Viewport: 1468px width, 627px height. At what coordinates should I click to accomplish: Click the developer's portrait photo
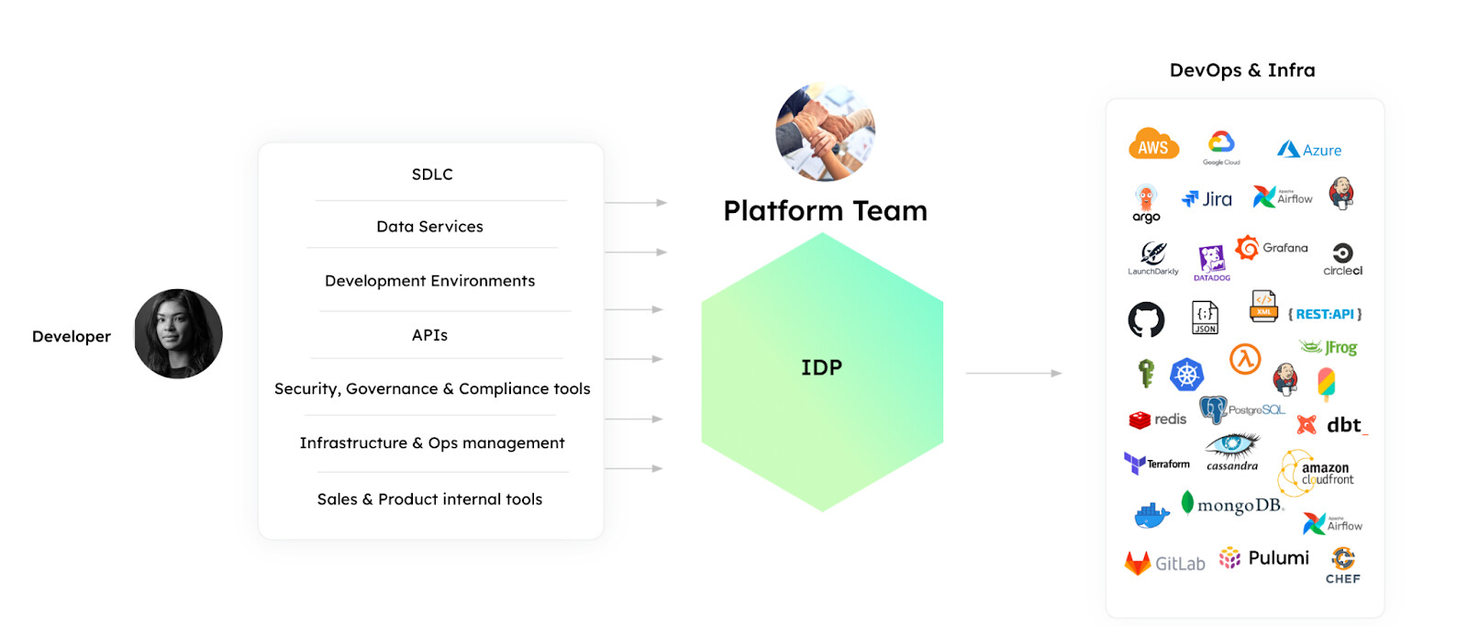(x=178, y=333)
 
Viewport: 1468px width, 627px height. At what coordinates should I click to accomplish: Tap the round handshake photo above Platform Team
(x=825, y=132)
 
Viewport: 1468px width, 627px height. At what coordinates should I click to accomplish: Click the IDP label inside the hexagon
(x=821, y=368)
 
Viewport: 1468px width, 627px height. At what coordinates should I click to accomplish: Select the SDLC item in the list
(x=432, y=174)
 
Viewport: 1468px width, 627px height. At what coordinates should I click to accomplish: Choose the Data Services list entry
(x=429, y=227)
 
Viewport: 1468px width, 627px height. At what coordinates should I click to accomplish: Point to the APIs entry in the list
(x=429, y=335)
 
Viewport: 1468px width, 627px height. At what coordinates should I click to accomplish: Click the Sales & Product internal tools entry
(x=429, y=499)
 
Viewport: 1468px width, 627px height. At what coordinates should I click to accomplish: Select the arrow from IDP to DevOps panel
(x=1013, y=374)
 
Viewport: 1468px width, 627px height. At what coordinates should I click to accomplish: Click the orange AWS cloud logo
(x=1153, y=145)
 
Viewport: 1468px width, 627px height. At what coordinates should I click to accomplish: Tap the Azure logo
(x=1309, y=150)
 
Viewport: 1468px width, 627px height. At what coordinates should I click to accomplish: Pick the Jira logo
(x=1207, y=199)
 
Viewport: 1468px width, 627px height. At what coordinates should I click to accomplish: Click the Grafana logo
(x=1272, y=248)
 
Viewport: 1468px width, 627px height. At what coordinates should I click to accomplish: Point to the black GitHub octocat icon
(x=1146, y=319)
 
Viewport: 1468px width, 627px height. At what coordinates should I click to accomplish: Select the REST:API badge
(x=1325, y=314)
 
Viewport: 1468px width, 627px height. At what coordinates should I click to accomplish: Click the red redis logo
(x=1158, y=420)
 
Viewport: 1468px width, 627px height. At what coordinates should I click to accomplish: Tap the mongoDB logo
(x=1232, y=505)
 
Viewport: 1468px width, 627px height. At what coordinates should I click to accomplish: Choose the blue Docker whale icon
(x=1151, y=516)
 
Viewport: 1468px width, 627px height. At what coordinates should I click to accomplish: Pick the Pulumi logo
(x=1264, y=558)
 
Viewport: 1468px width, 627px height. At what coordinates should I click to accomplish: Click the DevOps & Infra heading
(x=1242, y=71)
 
